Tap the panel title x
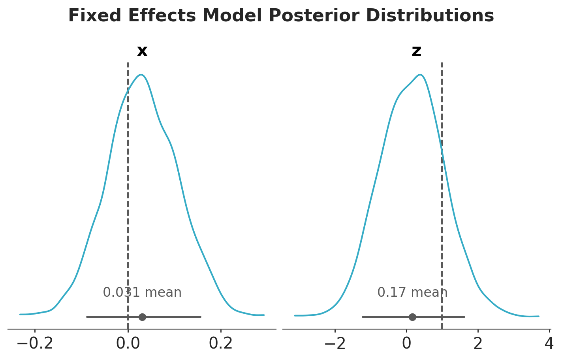(x=142, y=51)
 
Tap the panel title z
(x=416, y=51)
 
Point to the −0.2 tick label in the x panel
(x=35, y=343)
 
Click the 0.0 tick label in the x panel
(x=128, y=343)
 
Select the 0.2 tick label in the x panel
(x=221, y=343)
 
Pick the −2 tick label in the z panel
(x=335, y=343)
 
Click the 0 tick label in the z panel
(x=406, y=343)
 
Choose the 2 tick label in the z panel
(x=478, y=343)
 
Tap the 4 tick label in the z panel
(x=549, y=343)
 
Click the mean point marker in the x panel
(x=143, y=317)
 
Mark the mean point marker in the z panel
(x=412, y=317)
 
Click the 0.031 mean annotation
(x=142, y=293)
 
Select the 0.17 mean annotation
(x=412, y=293)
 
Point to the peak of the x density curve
(x=141, y=75)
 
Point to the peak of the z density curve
(x=420, y=75)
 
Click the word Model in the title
(x=235, y=16)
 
